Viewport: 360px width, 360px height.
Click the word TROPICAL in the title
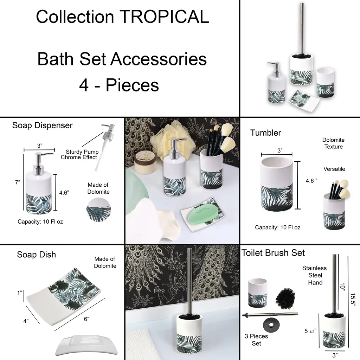[164, 17]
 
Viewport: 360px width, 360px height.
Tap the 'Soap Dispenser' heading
[42, 126]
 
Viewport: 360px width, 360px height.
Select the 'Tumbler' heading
[266, 133]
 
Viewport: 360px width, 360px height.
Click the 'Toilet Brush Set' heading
[273, 253]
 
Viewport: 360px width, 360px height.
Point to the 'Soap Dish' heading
[37, 255]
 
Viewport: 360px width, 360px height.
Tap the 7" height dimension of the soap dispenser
[18, 182]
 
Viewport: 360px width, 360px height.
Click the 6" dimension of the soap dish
[86, 319]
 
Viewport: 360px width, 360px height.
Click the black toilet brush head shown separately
[285, 298]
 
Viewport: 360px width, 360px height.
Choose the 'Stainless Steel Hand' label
[315, 275]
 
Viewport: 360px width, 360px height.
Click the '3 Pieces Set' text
[256, 340]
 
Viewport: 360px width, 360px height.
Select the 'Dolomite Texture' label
[333, 143]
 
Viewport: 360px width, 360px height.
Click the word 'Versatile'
[334, 169]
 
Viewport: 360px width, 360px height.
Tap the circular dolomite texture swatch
[99, 210]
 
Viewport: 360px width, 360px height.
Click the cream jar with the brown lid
[145, 163]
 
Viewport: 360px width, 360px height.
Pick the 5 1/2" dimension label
[310, 331]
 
